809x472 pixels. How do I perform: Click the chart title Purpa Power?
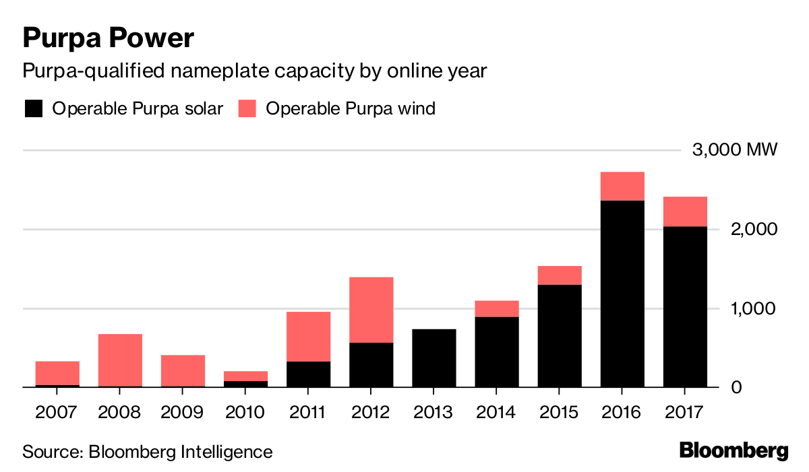(109, 38)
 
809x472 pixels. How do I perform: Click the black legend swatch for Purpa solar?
(33, 108)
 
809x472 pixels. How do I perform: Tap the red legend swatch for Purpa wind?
(247, 108)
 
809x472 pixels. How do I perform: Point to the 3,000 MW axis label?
(735, 149)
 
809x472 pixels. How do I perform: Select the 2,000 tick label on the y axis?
(749, 229)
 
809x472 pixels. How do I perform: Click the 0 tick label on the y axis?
(772, 388)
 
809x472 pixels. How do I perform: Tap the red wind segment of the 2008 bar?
(119, 360)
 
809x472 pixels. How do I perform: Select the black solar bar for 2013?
(433, 358)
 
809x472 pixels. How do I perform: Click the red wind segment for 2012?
(371, 310)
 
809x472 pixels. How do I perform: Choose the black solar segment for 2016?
(622, 294)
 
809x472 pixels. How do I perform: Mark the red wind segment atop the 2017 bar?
(684, 211)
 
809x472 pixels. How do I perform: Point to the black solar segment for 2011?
(308, 374)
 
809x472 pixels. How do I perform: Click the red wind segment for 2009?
(182, 370)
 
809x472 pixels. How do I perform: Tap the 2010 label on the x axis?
(245, 411)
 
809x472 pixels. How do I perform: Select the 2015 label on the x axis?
(559, 411)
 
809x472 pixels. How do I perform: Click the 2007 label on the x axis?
(57, 411)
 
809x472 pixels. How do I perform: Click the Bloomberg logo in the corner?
(733, 450)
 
